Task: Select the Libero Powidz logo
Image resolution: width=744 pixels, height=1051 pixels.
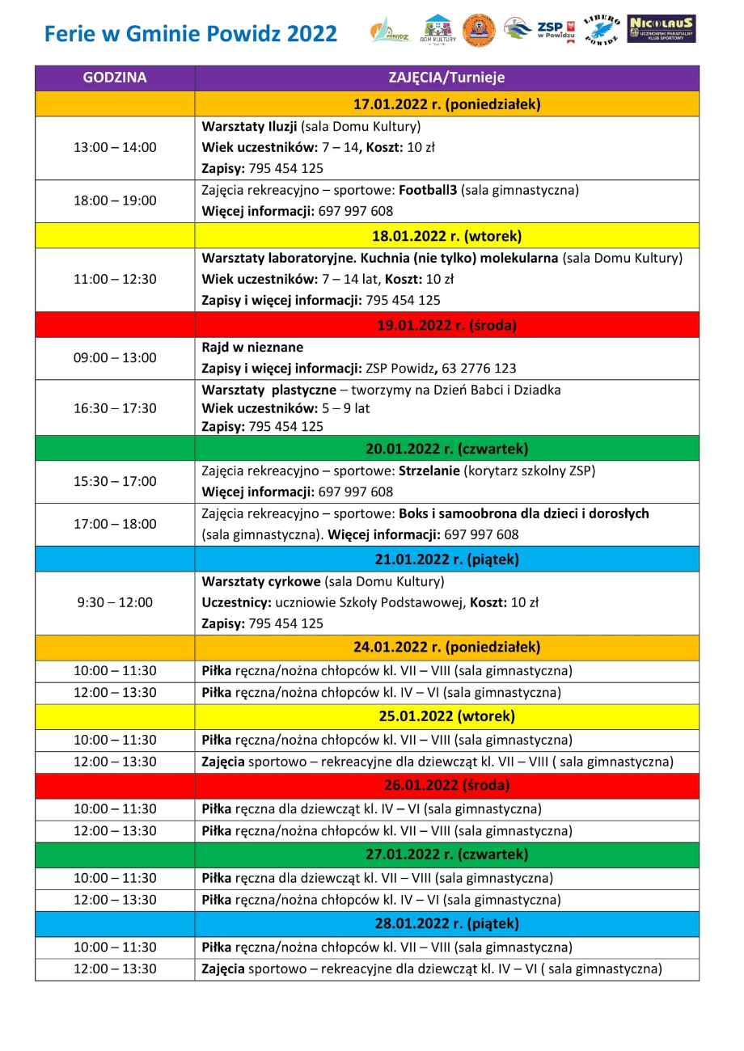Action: [599, 30]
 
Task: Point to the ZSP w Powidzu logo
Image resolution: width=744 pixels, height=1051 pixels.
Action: [539, 30]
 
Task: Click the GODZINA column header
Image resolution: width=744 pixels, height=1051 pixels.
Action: [115, 78]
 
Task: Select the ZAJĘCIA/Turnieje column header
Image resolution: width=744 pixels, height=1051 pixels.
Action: [446, 78]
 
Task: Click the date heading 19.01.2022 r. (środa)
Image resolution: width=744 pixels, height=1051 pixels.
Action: [446, 326]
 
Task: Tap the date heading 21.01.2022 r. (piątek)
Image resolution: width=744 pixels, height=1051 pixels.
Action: [446, 559]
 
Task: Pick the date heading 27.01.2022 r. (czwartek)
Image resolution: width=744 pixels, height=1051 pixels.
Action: [446, 854]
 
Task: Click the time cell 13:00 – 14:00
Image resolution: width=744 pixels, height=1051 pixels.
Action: [115, 147]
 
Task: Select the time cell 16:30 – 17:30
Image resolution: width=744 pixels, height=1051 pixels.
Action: [115, 408]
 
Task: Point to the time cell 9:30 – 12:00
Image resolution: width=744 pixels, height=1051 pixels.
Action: [115, 602]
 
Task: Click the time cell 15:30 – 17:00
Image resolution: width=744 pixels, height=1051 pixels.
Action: [115, 481]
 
